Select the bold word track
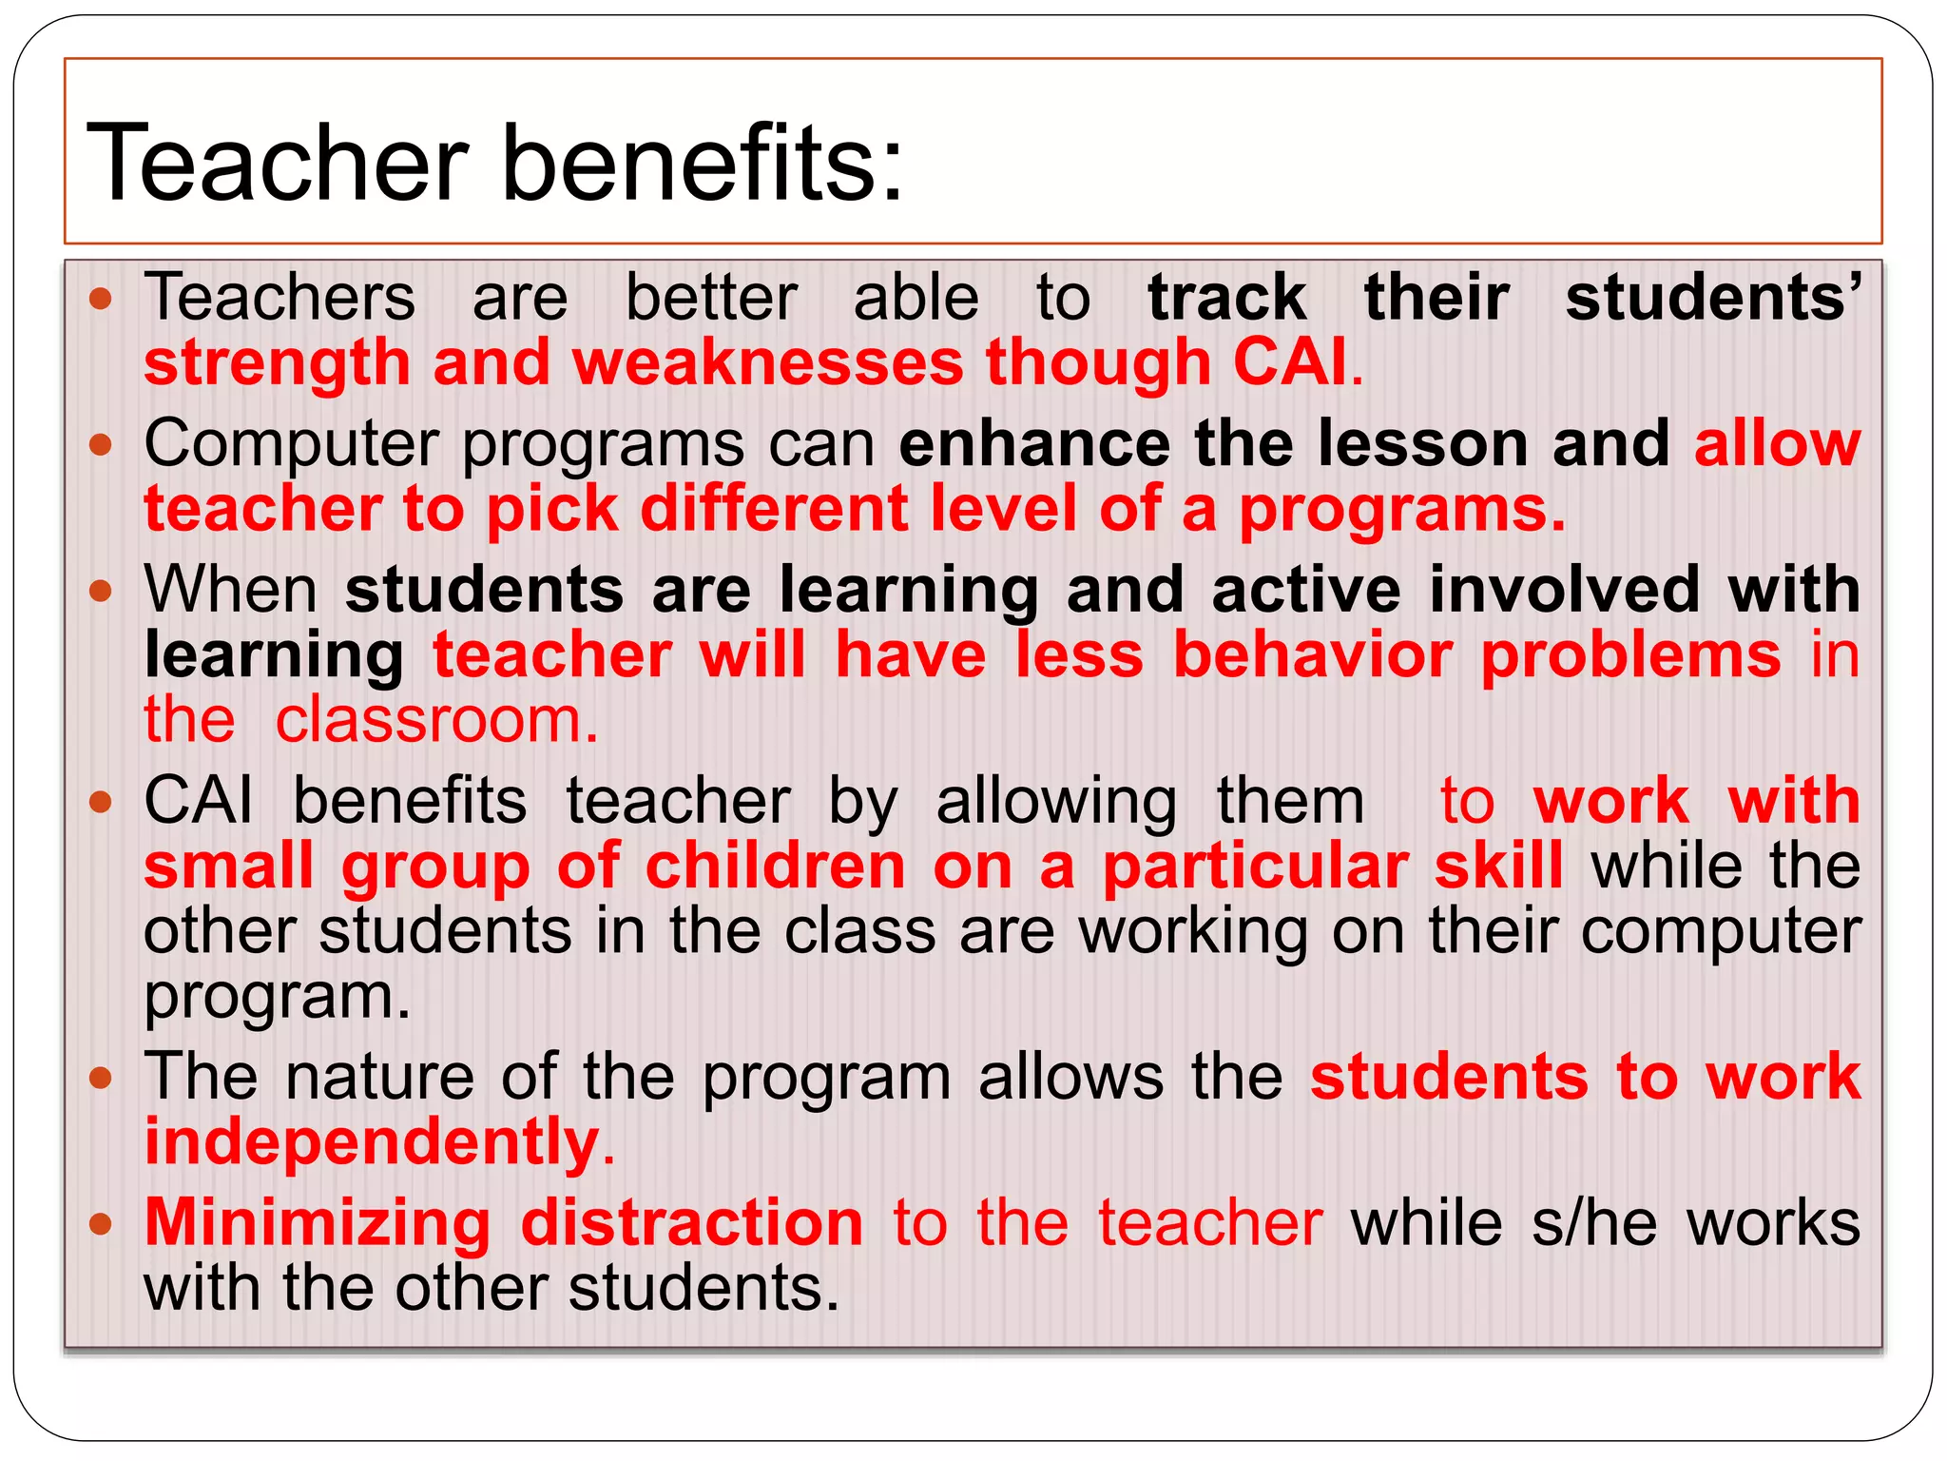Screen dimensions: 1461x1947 click(1226, 298)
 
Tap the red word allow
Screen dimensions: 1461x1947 click(1777, 444)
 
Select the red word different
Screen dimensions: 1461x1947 click(774, 509)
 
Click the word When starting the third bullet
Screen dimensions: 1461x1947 click(231, 590)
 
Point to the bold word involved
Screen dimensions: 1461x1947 click(1564, 590)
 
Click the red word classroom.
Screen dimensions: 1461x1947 click(436, 720)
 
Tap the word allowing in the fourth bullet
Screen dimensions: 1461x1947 click(1056, 802)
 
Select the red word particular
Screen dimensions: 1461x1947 click(1255, 867)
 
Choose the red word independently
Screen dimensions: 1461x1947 click(371, 1141)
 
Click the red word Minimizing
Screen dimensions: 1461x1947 click(318, 1223)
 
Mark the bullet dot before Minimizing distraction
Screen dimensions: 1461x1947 click(101, 1223)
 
